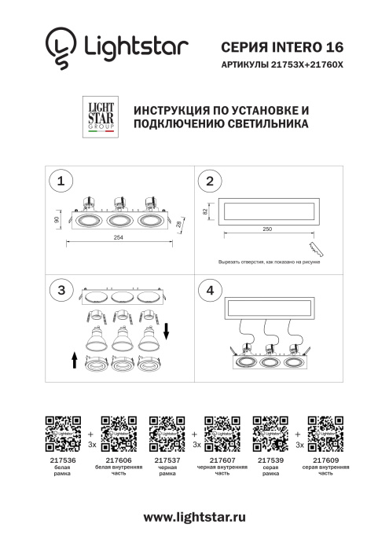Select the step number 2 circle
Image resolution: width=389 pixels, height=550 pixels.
209,182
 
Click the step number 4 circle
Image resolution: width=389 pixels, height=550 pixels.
209,290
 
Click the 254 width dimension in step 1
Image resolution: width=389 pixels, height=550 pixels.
118,236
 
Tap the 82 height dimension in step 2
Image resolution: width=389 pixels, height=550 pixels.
206,211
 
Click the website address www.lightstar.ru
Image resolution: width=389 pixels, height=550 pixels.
194,517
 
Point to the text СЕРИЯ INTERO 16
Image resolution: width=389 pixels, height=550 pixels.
283,48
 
